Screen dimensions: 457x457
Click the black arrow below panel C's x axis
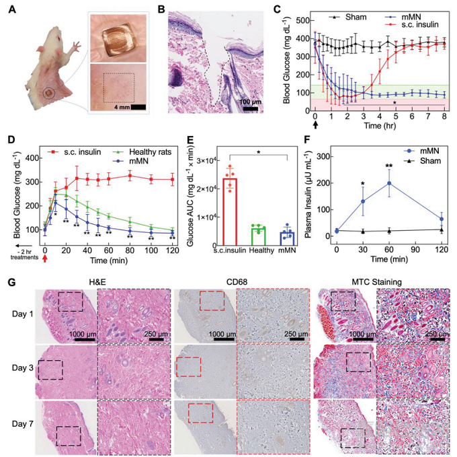tap(315, 126)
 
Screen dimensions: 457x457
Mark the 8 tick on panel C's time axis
tap(444, 116)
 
